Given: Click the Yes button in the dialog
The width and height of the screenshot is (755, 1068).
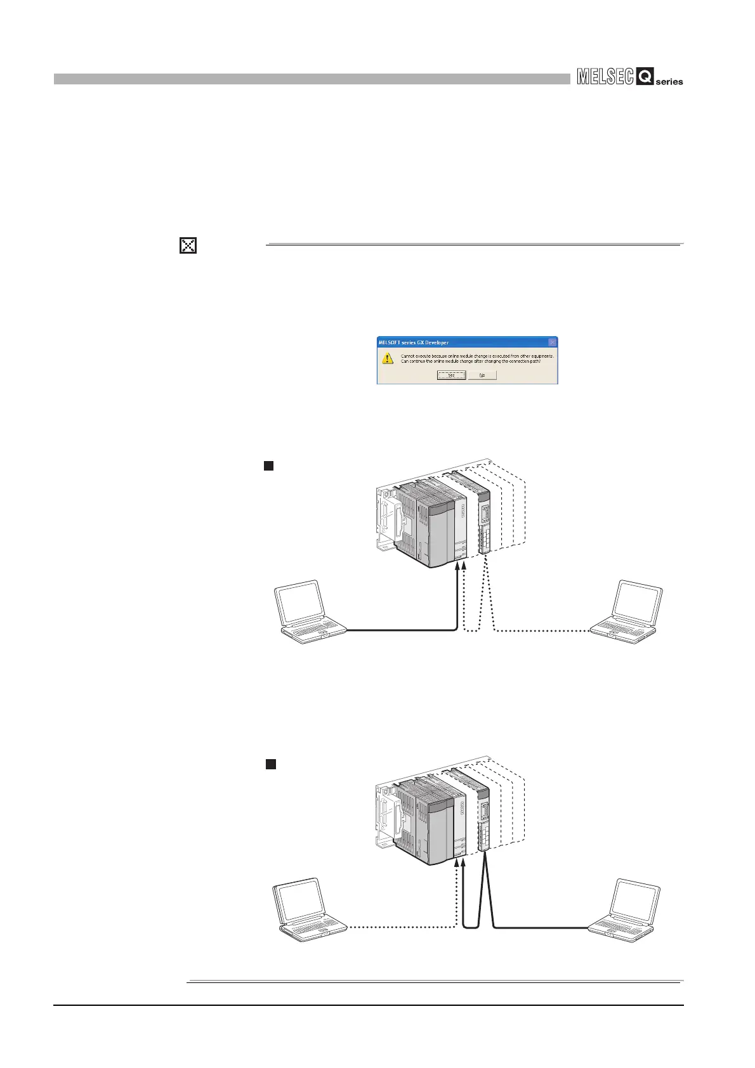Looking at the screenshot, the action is click(x=450, y=375).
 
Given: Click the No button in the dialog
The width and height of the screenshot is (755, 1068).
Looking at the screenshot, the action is click(x=482, y=375).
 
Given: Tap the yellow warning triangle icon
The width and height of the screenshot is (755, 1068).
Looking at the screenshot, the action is click(x=388, y=359).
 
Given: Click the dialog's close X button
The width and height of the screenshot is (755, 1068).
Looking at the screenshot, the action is click(x=552, y=342).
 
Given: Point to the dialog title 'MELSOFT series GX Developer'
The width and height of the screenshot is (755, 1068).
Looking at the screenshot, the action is click(x=414, y=342).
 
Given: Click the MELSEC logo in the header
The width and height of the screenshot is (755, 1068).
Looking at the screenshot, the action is click(x=605, y=77).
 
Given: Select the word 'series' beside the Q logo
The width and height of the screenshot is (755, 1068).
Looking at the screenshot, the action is click(x=669, y=82).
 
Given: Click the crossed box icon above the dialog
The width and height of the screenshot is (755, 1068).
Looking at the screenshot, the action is click(x=188, y=245).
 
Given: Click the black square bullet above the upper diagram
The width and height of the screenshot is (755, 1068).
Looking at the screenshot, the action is click(x=268, y=466).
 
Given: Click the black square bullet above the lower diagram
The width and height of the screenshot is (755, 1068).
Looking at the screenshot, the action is click(x=270, y=764).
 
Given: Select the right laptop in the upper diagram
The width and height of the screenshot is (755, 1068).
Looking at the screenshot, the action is click(x=628, y=611).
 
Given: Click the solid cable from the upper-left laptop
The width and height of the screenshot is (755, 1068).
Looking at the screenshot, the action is click(x=400, y=630).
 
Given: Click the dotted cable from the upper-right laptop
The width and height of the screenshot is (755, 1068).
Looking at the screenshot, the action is click(x=539, y=630).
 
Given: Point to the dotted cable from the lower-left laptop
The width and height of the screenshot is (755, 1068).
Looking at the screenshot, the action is click(x=400, y=928).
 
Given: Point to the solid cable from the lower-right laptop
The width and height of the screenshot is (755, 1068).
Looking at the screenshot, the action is click(x=539, y=928).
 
